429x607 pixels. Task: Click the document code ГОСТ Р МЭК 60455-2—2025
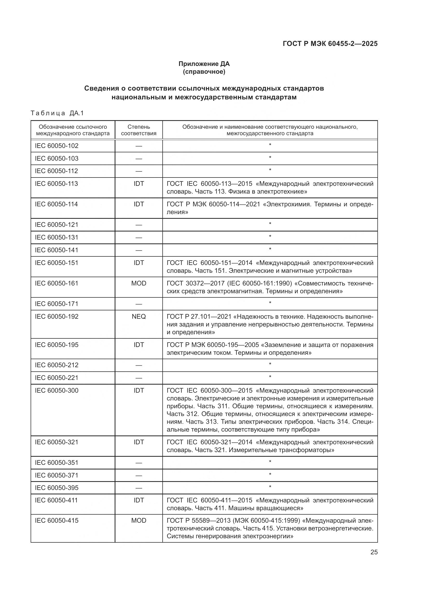click(x=330, y=44)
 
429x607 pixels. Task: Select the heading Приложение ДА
click(x=204, y=64)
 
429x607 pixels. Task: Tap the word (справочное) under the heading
click(x=204, y=72)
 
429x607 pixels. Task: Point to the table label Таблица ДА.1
click(x=57, y=113)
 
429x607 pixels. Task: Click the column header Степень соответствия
click(x=139, y=130)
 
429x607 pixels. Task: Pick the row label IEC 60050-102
click(x=57, y=146)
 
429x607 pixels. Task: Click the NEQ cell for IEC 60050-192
click(x=139, y=316)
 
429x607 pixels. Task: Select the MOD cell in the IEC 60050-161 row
click(x=139, y=283)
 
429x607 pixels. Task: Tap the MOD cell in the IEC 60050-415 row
click(x=139, y=520)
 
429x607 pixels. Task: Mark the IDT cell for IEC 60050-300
click(x=139, y=390)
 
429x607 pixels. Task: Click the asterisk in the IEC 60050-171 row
click(x=270, y=303)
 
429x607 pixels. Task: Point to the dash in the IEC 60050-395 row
click(x=139, y=488)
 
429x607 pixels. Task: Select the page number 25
click(x=374, y=552)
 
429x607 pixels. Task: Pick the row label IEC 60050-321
click(x=57, y=442)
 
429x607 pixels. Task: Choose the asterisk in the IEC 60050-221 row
click(x=270, y=377)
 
